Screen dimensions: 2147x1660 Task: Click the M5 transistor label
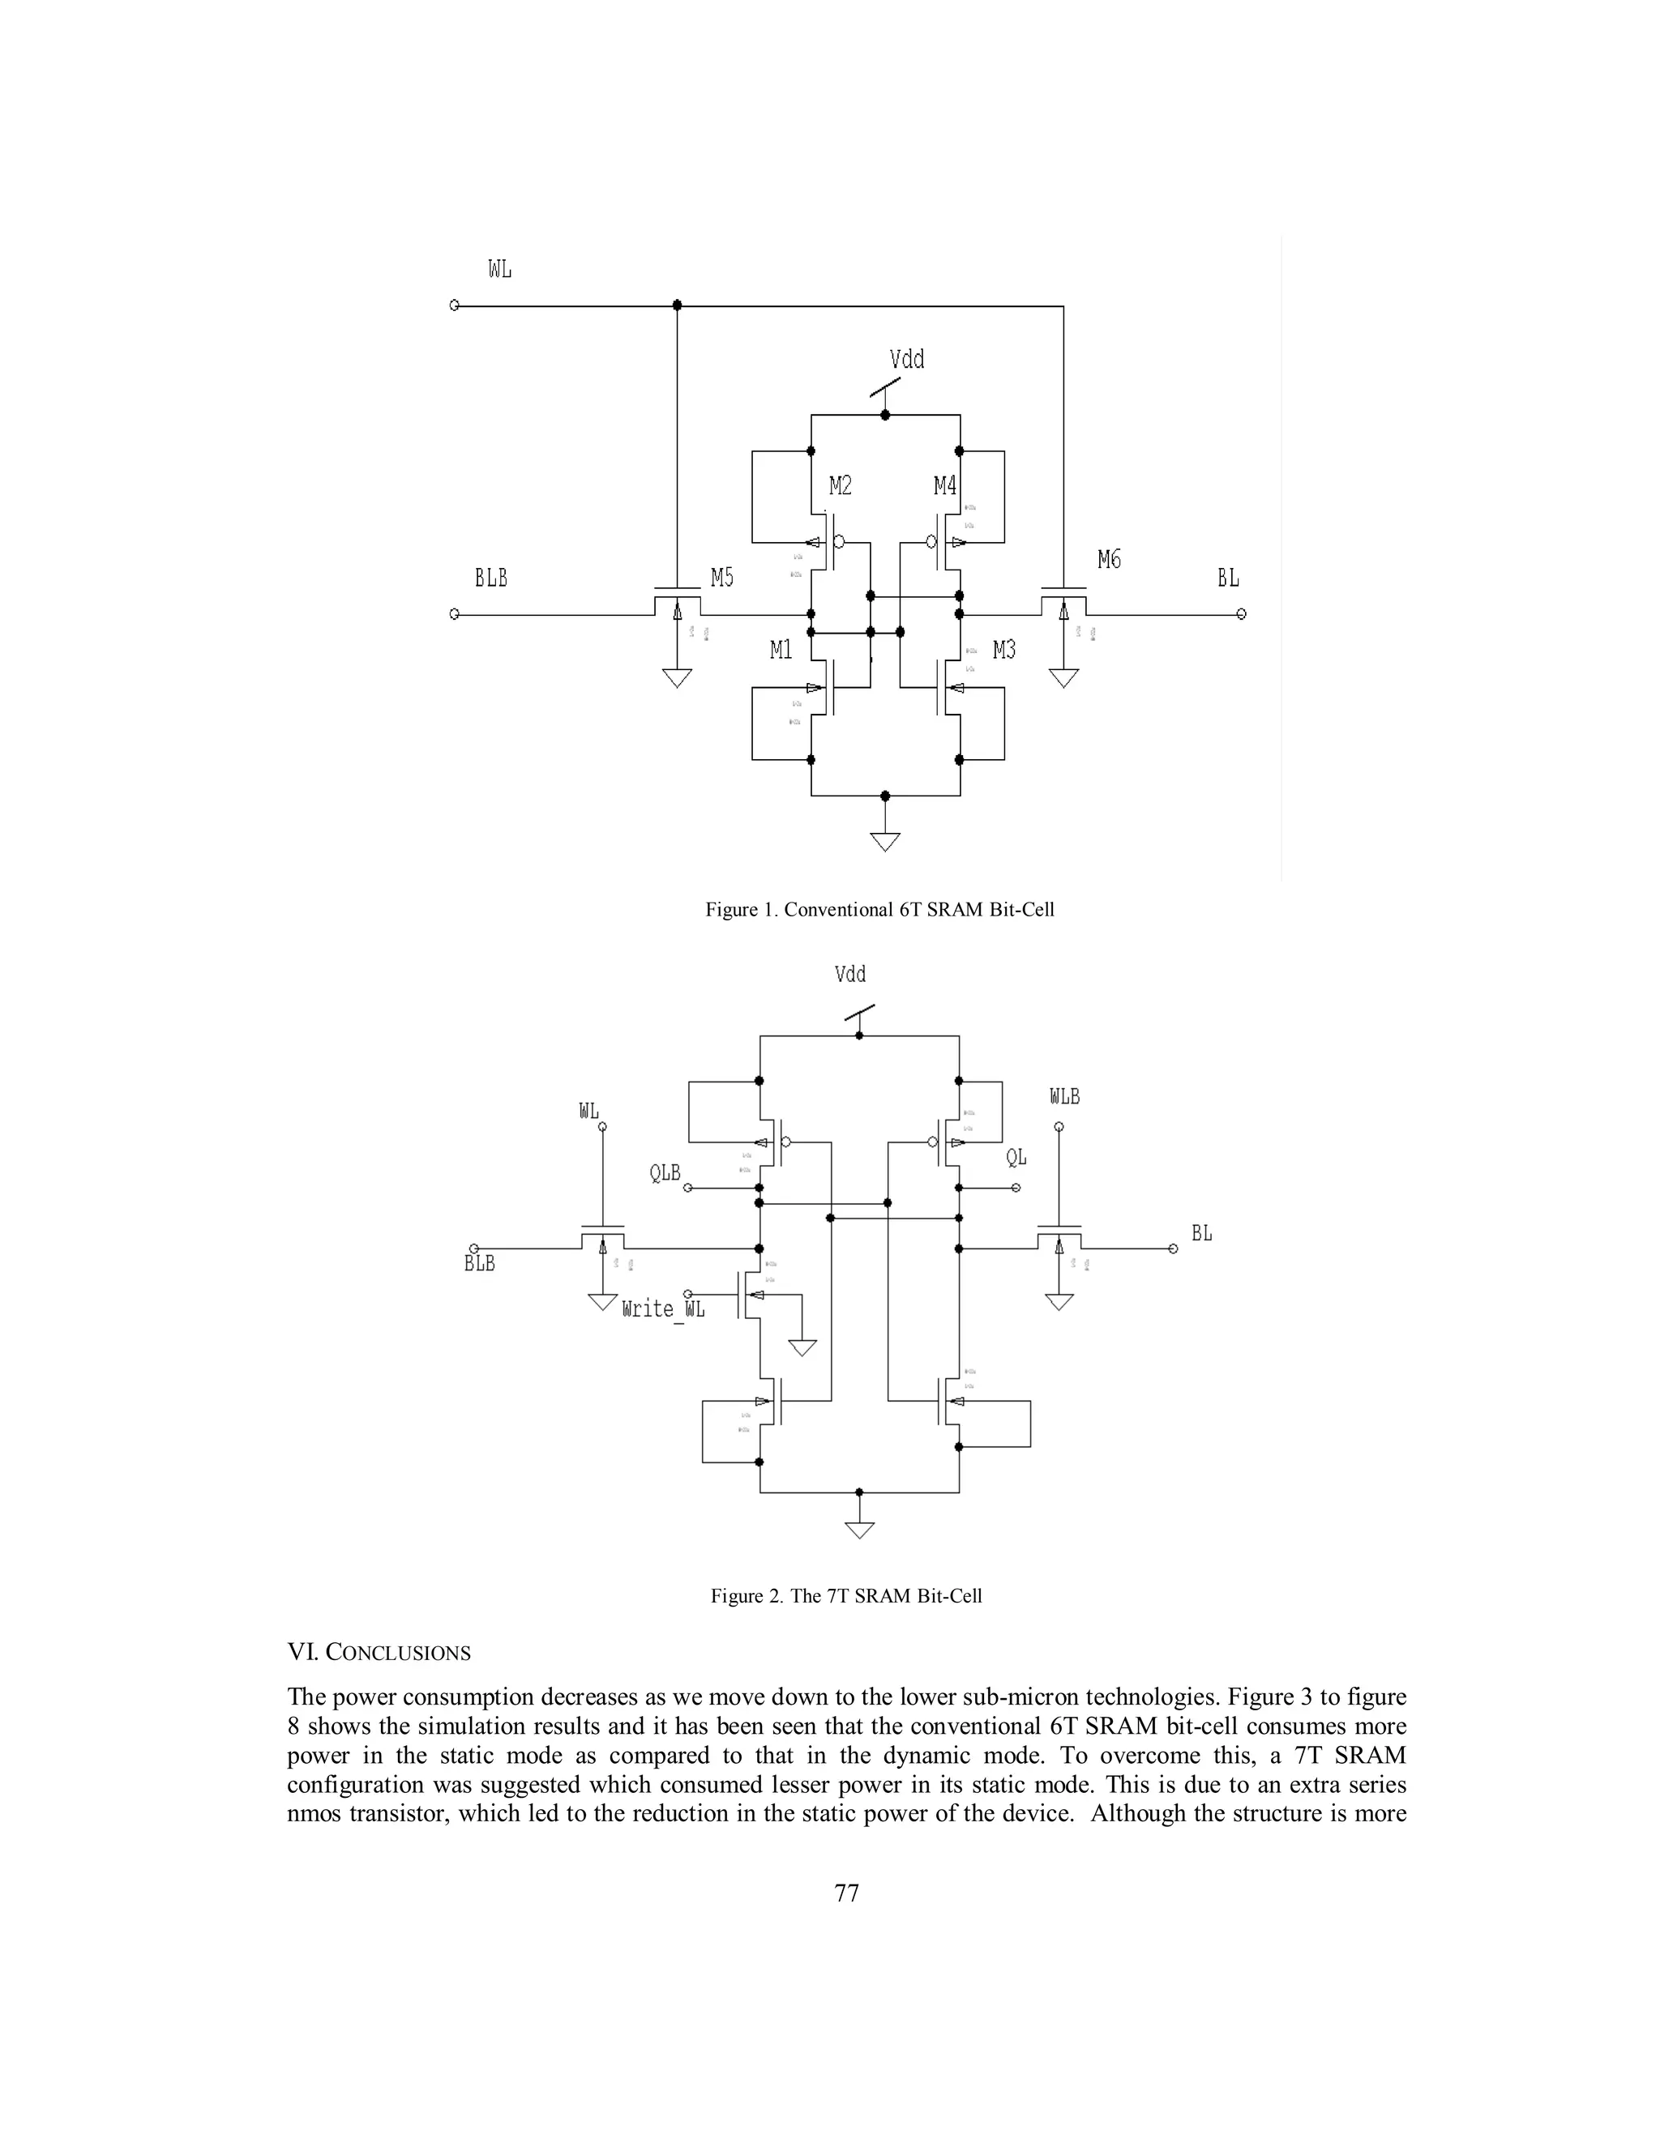[722, 578]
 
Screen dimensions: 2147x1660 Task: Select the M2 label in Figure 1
[840, 485]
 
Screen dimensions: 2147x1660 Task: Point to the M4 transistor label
[944, 485]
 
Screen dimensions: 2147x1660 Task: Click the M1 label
[781, 650]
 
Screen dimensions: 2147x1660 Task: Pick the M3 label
[1004, 650]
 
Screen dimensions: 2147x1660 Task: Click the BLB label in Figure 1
[490, 578]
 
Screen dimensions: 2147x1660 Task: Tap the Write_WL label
[663, 1309]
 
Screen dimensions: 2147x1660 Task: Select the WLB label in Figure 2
[1064, 1097]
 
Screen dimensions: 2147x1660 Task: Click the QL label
[1016, 1158]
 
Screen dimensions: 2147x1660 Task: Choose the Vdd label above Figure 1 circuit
[907, 360]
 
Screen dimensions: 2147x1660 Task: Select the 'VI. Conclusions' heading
[379, 1654]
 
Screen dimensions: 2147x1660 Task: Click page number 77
[845, 1893]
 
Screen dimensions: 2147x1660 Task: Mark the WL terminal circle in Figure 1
[455, 305]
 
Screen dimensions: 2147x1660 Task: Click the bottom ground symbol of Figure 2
[859, 1530]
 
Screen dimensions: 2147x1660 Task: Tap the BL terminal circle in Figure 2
[1172, 1249]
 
